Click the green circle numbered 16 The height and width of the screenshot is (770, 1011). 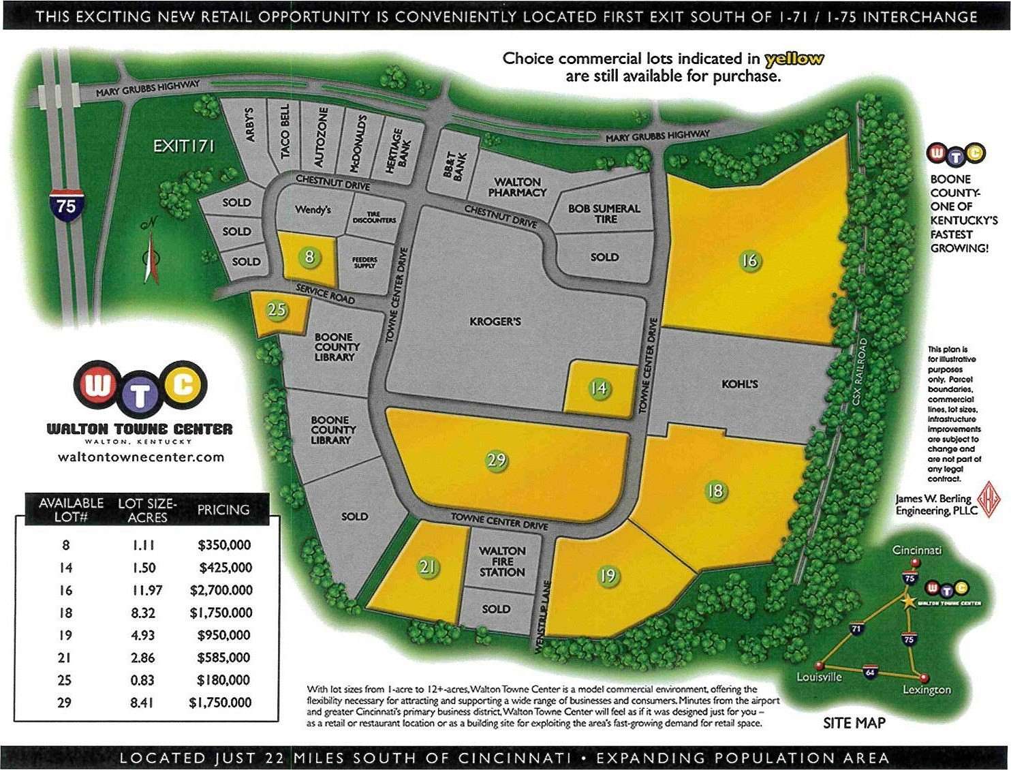[749, 260]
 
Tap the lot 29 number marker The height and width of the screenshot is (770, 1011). [497, 460]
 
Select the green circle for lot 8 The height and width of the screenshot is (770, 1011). [310, 256]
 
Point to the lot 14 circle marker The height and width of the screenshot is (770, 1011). [598, 388]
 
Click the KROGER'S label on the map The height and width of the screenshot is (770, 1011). [495, 321]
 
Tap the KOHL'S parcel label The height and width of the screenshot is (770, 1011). [740, 384]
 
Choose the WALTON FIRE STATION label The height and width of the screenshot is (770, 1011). [502, 561]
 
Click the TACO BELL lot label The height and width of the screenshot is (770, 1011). [285, 129]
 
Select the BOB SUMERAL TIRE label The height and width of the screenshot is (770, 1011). [604, 213]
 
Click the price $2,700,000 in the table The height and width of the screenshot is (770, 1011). [221, 590]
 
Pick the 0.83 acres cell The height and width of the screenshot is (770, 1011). [143, 680]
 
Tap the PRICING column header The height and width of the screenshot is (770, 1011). [223, 510]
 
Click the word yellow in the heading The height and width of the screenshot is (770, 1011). [794, 59]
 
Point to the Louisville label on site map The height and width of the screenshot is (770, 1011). [820, 677]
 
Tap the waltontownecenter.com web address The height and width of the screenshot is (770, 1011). [141, 457]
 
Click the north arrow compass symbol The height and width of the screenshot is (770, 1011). [151, 257]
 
